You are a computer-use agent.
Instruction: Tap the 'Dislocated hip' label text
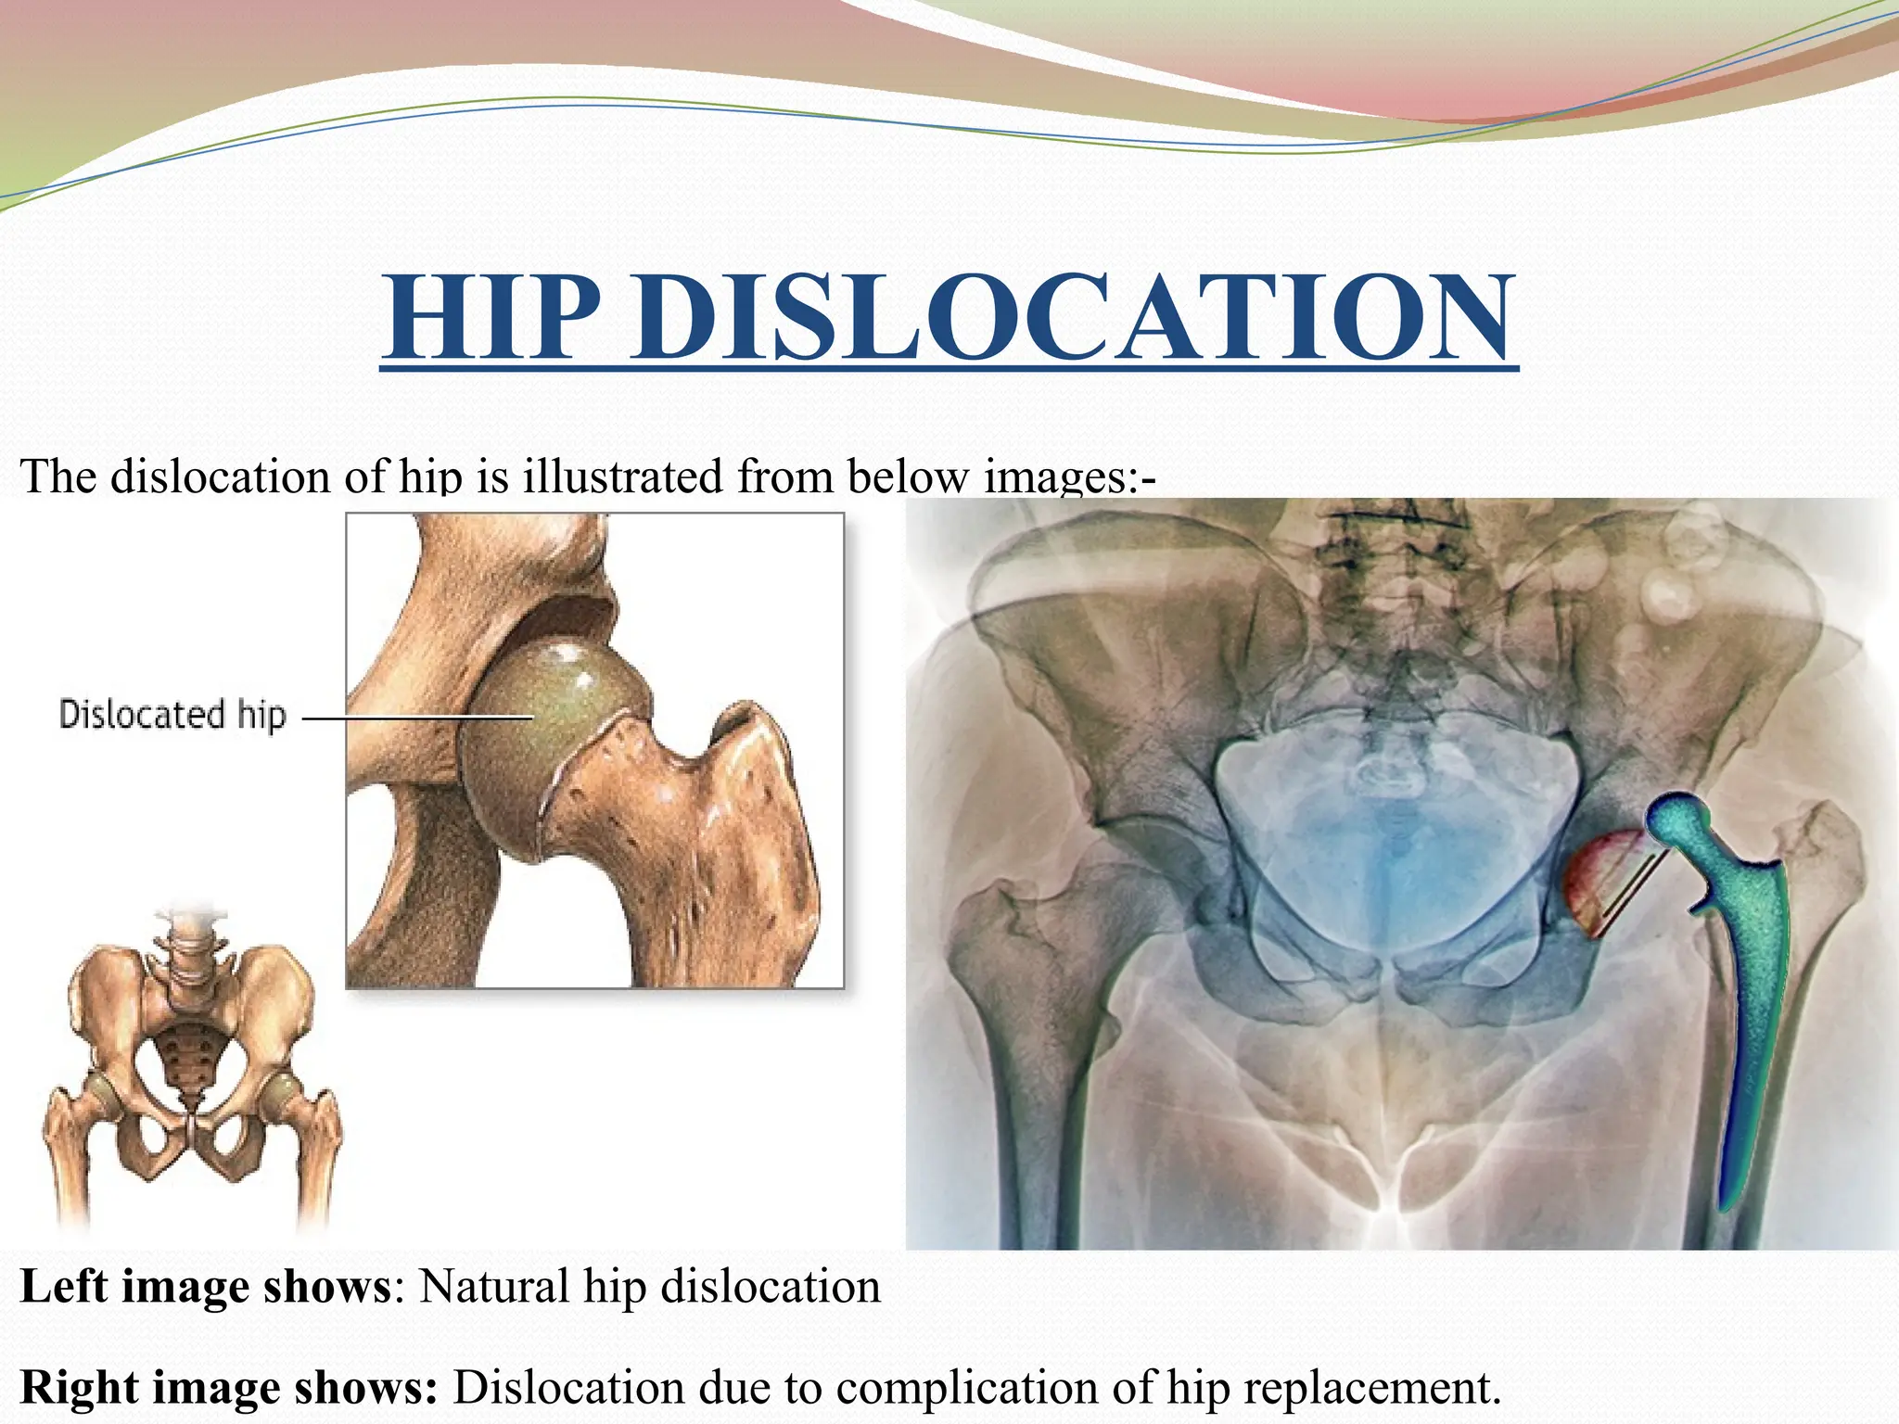(x=172, y=715)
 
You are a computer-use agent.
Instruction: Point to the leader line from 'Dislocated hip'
(x=417, y=717)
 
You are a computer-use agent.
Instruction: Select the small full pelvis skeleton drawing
(x=190, y=1066)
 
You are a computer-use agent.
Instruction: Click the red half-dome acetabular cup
(x=1595, y=881)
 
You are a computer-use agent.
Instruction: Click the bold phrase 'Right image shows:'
(x=228, y=1388)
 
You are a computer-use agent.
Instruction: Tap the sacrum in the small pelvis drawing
(x=188, y=1057)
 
